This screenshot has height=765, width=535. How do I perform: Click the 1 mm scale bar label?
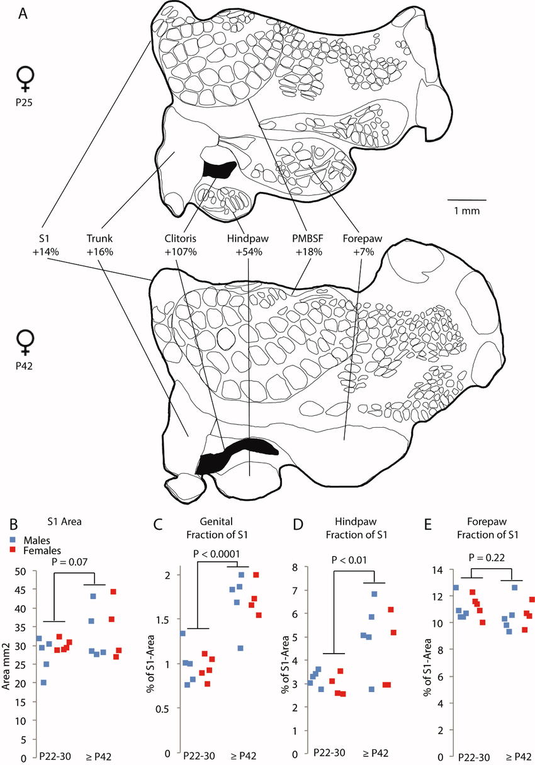466,211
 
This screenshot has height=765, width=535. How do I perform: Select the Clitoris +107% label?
181,245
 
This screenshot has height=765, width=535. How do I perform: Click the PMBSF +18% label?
308,245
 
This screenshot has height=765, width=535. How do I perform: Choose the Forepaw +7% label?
363,245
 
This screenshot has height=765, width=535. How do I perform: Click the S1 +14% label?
47,245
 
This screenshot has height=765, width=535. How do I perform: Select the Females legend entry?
38,550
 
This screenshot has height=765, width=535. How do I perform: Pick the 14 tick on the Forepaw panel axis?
435,570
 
